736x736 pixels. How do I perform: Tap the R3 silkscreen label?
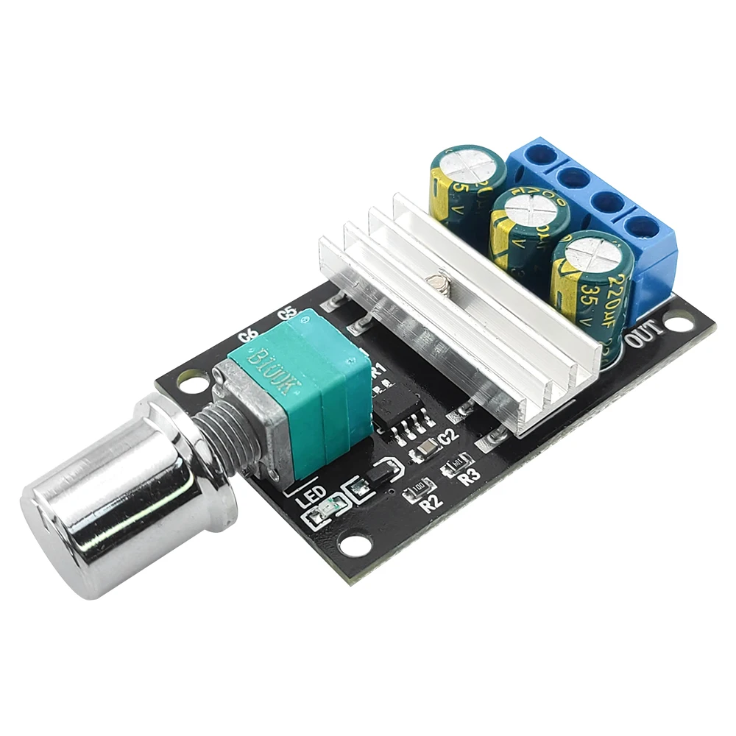coord(469,475)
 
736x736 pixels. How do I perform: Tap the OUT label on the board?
coord(645,339)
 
